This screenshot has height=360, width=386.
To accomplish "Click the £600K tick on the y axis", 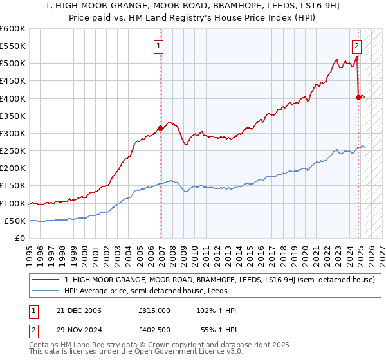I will click(x=13, y=29).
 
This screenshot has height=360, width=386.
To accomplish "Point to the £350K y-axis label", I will click(x=13, y=116).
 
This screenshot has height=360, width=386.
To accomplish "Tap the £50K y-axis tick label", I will click(x=15, y=221).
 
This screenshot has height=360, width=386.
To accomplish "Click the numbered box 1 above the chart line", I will click(x=158, y=46).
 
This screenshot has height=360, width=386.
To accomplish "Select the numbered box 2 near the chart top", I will click(x=356, y=46).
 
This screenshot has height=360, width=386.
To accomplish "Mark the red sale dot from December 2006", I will click(x=160, y=128).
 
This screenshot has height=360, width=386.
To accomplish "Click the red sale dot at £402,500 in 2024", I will click(x=358, y=97).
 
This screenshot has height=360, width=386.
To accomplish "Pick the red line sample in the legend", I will click(x=46, y=280).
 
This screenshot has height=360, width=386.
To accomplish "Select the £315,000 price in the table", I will click(x=154, y=310).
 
